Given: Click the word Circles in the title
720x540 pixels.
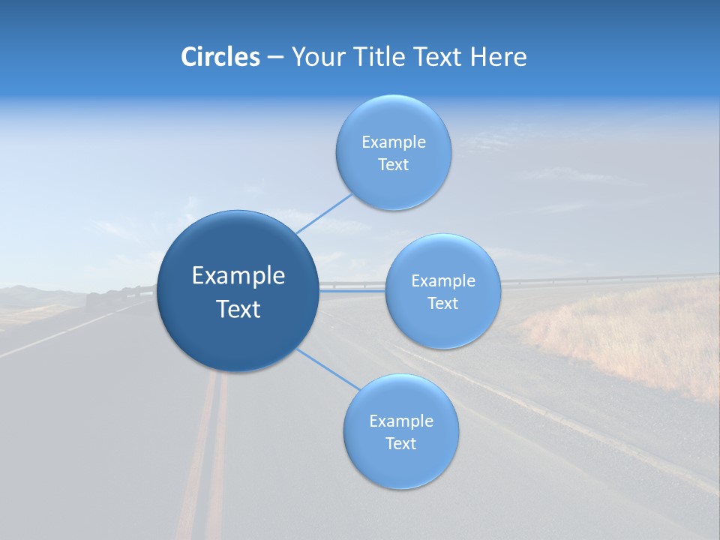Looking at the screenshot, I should (220, 57).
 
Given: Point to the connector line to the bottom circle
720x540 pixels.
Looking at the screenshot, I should (328, 369).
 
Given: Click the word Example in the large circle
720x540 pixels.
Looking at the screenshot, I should (238, 276).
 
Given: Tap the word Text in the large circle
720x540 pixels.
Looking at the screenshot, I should (238, 309).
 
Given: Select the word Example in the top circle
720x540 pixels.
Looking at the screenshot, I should (394, 142).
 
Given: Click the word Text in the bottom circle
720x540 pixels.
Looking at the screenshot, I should (400, 443).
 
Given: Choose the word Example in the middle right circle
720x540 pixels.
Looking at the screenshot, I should (443, 281).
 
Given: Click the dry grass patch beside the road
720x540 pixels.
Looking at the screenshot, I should (637, 337).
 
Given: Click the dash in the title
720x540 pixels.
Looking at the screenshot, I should (275, 58).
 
